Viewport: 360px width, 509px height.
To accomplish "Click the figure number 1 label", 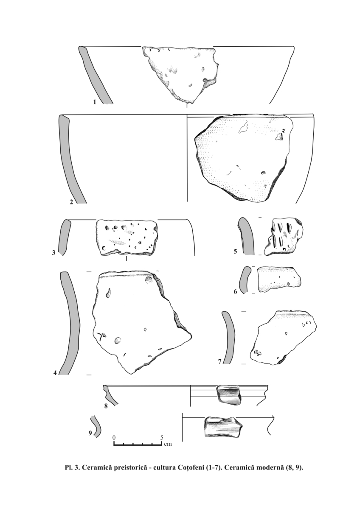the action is point(95,102).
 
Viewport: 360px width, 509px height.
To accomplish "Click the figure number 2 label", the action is point(71,202).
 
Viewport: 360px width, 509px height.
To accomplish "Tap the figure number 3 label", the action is point(53,252).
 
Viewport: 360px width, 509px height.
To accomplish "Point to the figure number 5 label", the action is point(235,251).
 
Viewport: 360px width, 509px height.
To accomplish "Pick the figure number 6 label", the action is point(235,291).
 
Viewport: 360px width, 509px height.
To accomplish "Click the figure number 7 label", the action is point(219,361).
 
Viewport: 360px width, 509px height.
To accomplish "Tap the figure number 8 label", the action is point(106,406).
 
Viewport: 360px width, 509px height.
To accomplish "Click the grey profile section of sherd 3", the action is point(63,238).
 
